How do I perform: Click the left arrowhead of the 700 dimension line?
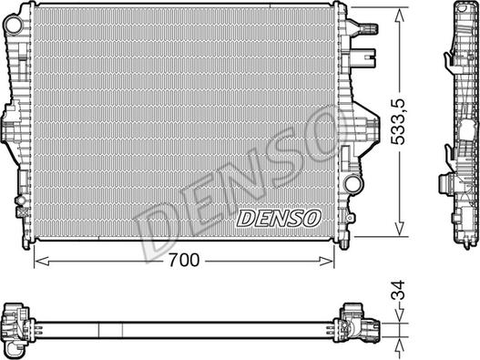coord(39,260)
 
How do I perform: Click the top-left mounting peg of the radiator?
coord(35,6)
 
